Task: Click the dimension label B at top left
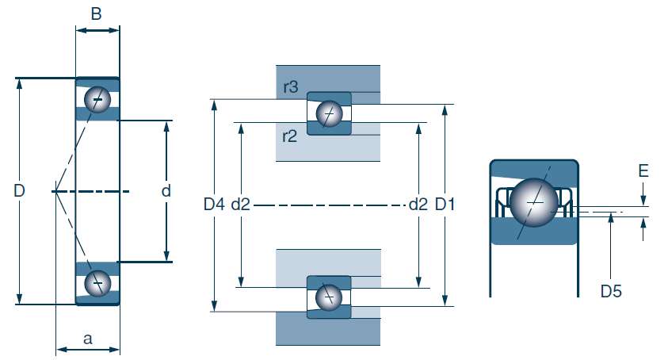pos(97,13)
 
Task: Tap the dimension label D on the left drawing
pos(20,191)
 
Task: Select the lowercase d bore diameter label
pos(166,191)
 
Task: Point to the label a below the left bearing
pos(87,339)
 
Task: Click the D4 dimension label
pos(214,205)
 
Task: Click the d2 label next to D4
pos(241,205)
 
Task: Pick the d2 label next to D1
pos(418,205)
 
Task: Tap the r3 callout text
pos(289,87)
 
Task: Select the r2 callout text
pos(289,136)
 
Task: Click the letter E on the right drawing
pos(643,170)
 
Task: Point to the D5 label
pos(611,291)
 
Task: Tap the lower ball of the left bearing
pos(98,282)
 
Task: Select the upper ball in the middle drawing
pos(329,115)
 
